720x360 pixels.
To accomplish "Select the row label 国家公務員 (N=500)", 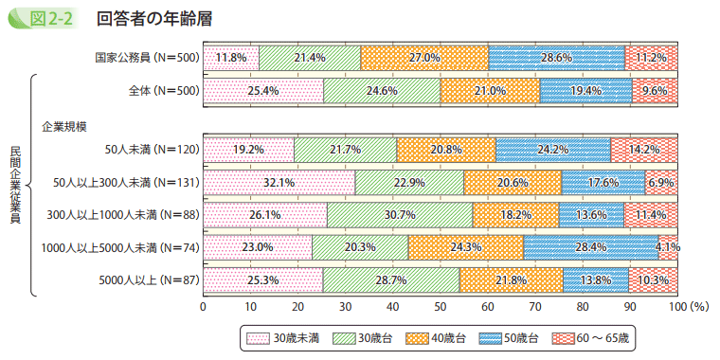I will [145, 58].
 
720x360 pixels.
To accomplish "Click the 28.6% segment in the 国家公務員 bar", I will [557, 58].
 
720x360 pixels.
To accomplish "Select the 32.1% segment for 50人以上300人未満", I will [279, 182].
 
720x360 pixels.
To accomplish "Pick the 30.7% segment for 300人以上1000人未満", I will [400, 215].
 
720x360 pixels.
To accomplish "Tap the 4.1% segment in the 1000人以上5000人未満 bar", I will [668, 247].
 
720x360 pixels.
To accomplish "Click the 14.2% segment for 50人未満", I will [644, 149].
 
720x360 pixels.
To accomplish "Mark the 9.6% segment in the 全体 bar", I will [655, 91].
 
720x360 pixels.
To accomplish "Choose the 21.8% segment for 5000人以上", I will [511, 280].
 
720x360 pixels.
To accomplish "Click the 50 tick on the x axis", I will [441, 307].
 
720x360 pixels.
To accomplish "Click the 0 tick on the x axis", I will [204, 307].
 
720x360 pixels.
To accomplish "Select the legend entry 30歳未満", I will [284, 338].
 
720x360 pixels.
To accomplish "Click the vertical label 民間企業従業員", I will [15, 185].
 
